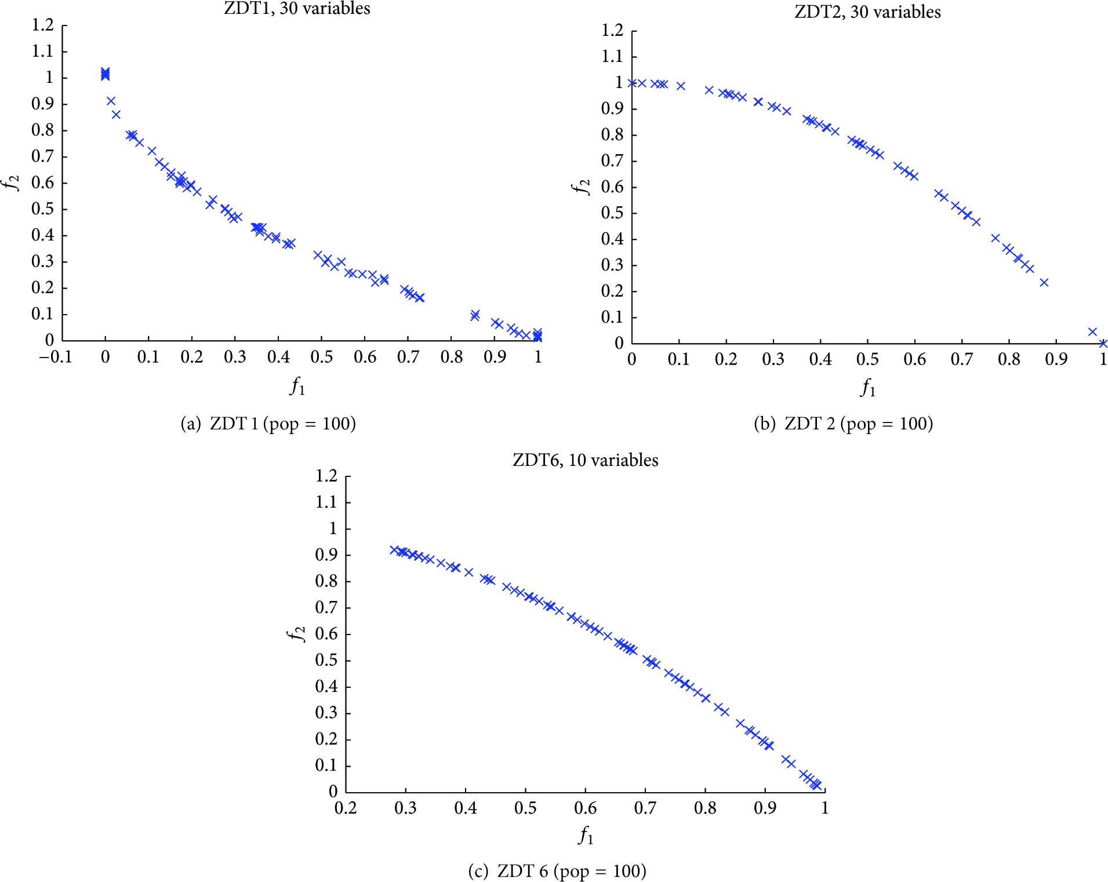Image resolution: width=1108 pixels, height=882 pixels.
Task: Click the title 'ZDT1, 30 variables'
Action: (x=297, y=8)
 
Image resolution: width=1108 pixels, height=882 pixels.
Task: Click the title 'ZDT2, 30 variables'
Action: (x=867, y=12)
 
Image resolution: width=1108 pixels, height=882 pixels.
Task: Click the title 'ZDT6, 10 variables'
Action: (x=586, y=460)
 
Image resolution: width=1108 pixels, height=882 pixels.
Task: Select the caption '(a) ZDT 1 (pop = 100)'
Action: (x=268, y=424)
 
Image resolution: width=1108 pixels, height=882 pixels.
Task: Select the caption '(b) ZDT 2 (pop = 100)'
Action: (x=844, y=424)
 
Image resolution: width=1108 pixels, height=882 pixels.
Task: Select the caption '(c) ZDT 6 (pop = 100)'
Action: (x=557, y=871)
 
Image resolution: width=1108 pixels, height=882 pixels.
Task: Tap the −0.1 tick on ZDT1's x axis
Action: (x=56, y=357)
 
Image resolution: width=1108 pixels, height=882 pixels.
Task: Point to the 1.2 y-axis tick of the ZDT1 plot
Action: (x=42, y=25)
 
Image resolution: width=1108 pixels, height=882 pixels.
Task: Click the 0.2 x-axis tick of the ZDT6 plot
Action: (x=346, y=808)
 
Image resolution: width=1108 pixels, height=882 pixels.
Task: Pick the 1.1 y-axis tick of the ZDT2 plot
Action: (x=612, y=56)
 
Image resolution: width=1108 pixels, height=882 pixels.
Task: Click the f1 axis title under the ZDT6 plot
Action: (x=586, y=836)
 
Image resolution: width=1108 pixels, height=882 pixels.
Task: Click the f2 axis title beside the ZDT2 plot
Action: (x=580, y=187)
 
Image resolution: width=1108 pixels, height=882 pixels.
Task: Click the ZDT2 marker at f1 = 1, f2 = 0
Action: (x=1103, y=344)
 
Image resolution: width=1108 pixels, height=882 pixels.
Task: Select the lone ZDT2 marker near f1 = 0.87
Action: (x=1044, y=283)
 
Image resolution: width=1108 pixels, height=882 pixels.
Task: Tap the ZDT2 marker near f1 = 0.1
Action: (x=681, y=86)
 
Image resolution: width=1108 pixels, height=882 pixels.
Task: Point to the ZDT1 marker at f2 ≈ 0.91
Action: (x=111, y=101)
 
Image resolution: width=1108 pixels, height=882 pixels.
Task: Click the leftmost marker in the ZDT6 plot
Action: (x=394, y=550)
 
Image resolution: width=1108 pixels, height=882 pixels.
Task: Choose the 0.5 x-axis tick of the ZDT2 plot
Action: (x=867, y=359)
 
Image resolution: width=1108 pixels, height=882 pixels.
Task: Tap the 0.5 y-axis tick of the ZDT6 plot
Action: (x=326, y=660)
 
